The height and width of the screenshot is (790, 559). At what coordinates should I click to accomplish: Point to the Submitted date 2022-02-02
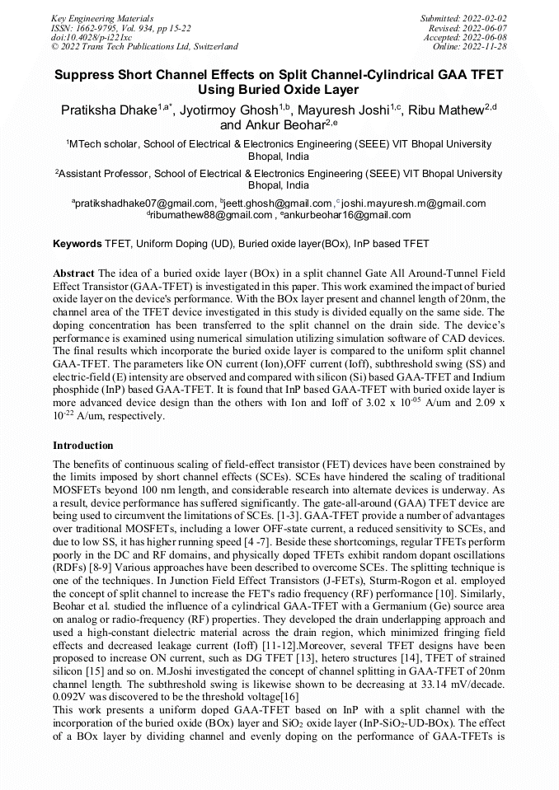coord(486,18)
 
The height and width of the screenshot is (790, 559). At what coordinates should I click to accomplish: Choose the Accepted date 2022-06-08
coord(489,38)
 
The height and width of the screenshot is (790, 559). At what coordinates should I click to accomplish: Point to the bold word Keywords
coord(78,245)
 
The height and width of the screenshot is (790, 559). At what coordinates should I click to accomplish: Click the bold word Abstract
coord(74,273)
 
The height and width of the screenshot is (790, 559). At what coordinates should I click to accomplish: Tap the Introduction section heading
coord(83,446)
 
